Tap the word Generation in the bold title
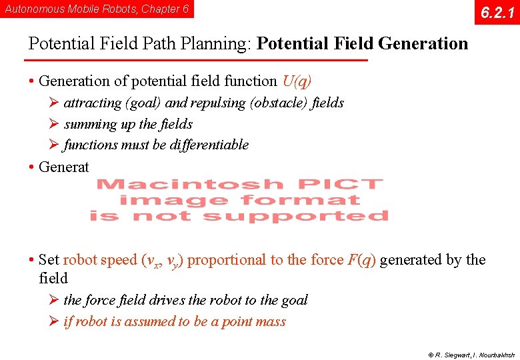(x=423, y=44)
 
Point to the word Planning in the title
(x=217, y=44)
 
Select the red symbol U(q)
(x=297, y=81)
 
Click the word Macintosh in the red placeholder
(x=190, y=184)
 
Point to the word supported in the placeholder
(x=295, y=216)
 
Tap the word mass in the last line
(x=270, y=321)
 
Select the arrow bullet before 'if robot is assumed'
(x=55, y=321)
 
